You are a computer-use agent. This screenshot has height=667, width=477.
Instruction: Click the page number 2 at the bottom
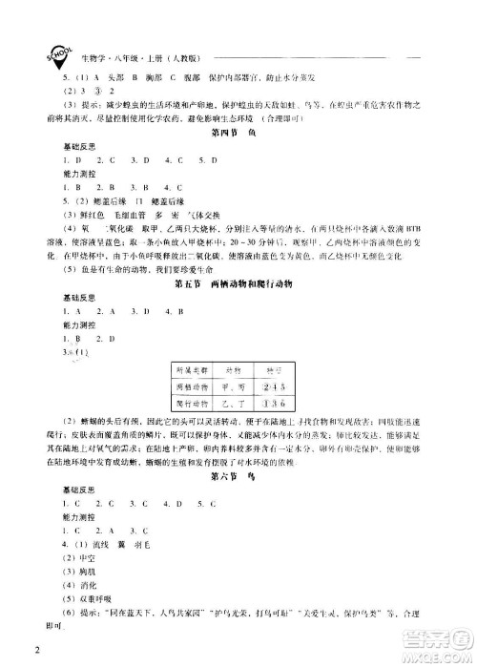(x=35, y=652)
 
